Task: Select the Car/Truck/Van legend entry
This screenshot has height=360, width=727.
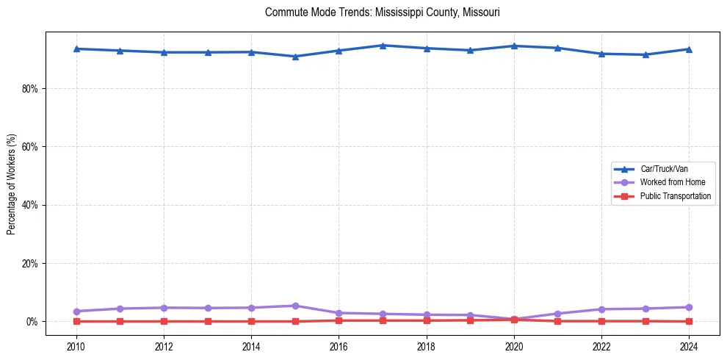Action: tap(664, 169)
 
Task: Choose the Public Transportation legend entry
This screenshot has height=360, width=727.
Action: tap(675, 196)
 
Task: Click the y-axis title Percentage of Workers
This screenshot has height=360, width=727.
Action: tap(12, 184)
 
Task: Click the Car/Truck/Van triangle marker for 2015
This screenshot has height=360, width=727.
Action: tap(295, 57)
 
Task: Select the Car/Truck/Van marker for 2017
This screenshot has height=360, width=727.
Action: tap(383, 46)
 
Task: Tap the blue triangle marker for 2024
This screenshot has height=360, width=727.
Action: tap(689, 49)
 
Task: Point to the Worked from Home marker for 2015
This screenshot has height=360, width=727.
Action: tap(295, 306)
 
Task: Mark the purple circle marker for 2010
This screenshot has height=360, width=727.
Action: tap(76, 312)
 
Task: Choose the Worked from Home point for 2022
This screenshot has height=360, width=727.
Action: tap(601, 309)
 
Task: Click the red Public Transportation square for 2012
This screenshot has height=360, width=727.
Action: tap(164, 321)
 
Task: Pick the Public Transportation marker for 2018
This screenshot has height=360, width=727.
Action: tap(427, 320)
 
